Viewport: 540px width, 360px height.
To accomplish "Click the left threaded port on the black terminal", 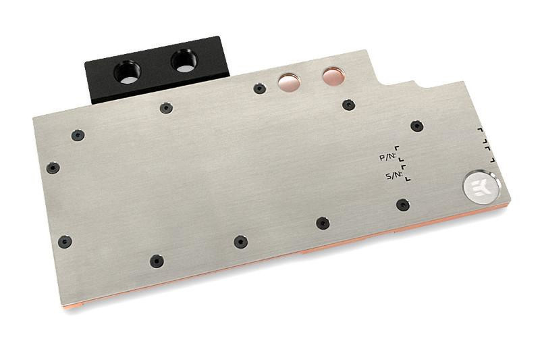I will pyautogui.click(x=126, y=70).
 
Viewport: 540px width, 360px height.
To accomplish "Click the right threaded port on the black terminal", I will pyautogui.click(x=184, y=61).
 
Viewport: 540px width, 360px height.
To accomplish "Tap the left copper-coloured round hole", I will pyautogui.click(x=289, y=82).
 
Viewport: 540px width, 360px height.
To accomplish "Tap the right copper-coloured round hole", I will pyautogui.click(x=333, y=76).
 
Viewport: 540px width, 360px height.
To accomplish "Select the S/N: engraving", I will pyautogui.click(x=394, y=176).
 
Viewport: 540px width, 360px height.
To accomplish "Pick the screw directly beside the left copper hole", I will pyautogui.click(x=259, y=88).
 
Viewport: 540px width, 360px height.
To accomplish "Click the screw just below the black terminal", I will pyautogui.click(x=166, y=107).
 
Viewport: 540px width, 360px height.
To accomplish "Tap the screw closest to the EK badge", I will pyautogui.click(x=403, y=205).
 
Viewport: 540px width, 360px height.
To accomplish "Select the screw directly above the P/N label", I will pyautogui.click(x=416, y=126).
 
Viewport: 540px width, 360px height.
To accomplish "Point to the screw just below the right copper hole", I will pyautogui.click(x=348, y=105).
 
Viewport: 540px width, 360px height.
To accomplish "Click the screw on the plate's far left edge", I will pyautogui.click(x=53, y=168).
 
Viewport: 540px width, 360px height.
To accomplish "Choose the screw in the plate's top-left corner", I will pyautogui.click(x=78, y=135).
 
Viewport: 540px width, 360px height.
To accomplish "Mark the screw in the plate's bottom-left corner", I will pyautogui.click(x=65, y=241).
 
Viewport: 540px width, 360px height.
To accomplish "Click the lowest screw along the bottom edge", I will pyautogui.click(x=157, y=260).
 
